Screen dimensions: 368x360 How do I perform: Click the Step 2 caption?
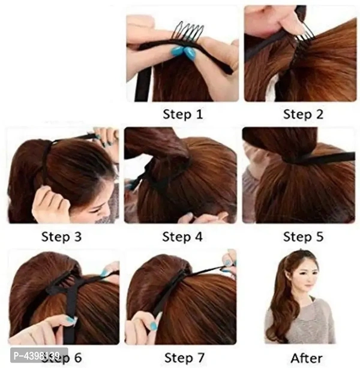[303, 114]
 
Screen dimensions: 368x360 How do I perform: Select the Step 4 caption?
[182, 236]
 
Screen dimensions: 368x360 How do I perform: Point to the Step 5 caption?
[303, 236]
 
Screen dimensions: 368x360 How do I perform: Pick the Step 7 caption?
[182, 358]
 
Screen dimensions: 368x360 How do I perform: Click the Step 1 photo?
[182, 54]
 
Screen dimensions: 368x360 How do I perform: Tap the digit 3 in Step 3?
[77, 236]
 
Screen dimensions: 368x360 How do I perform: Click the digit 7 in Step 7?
[200, 358]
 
